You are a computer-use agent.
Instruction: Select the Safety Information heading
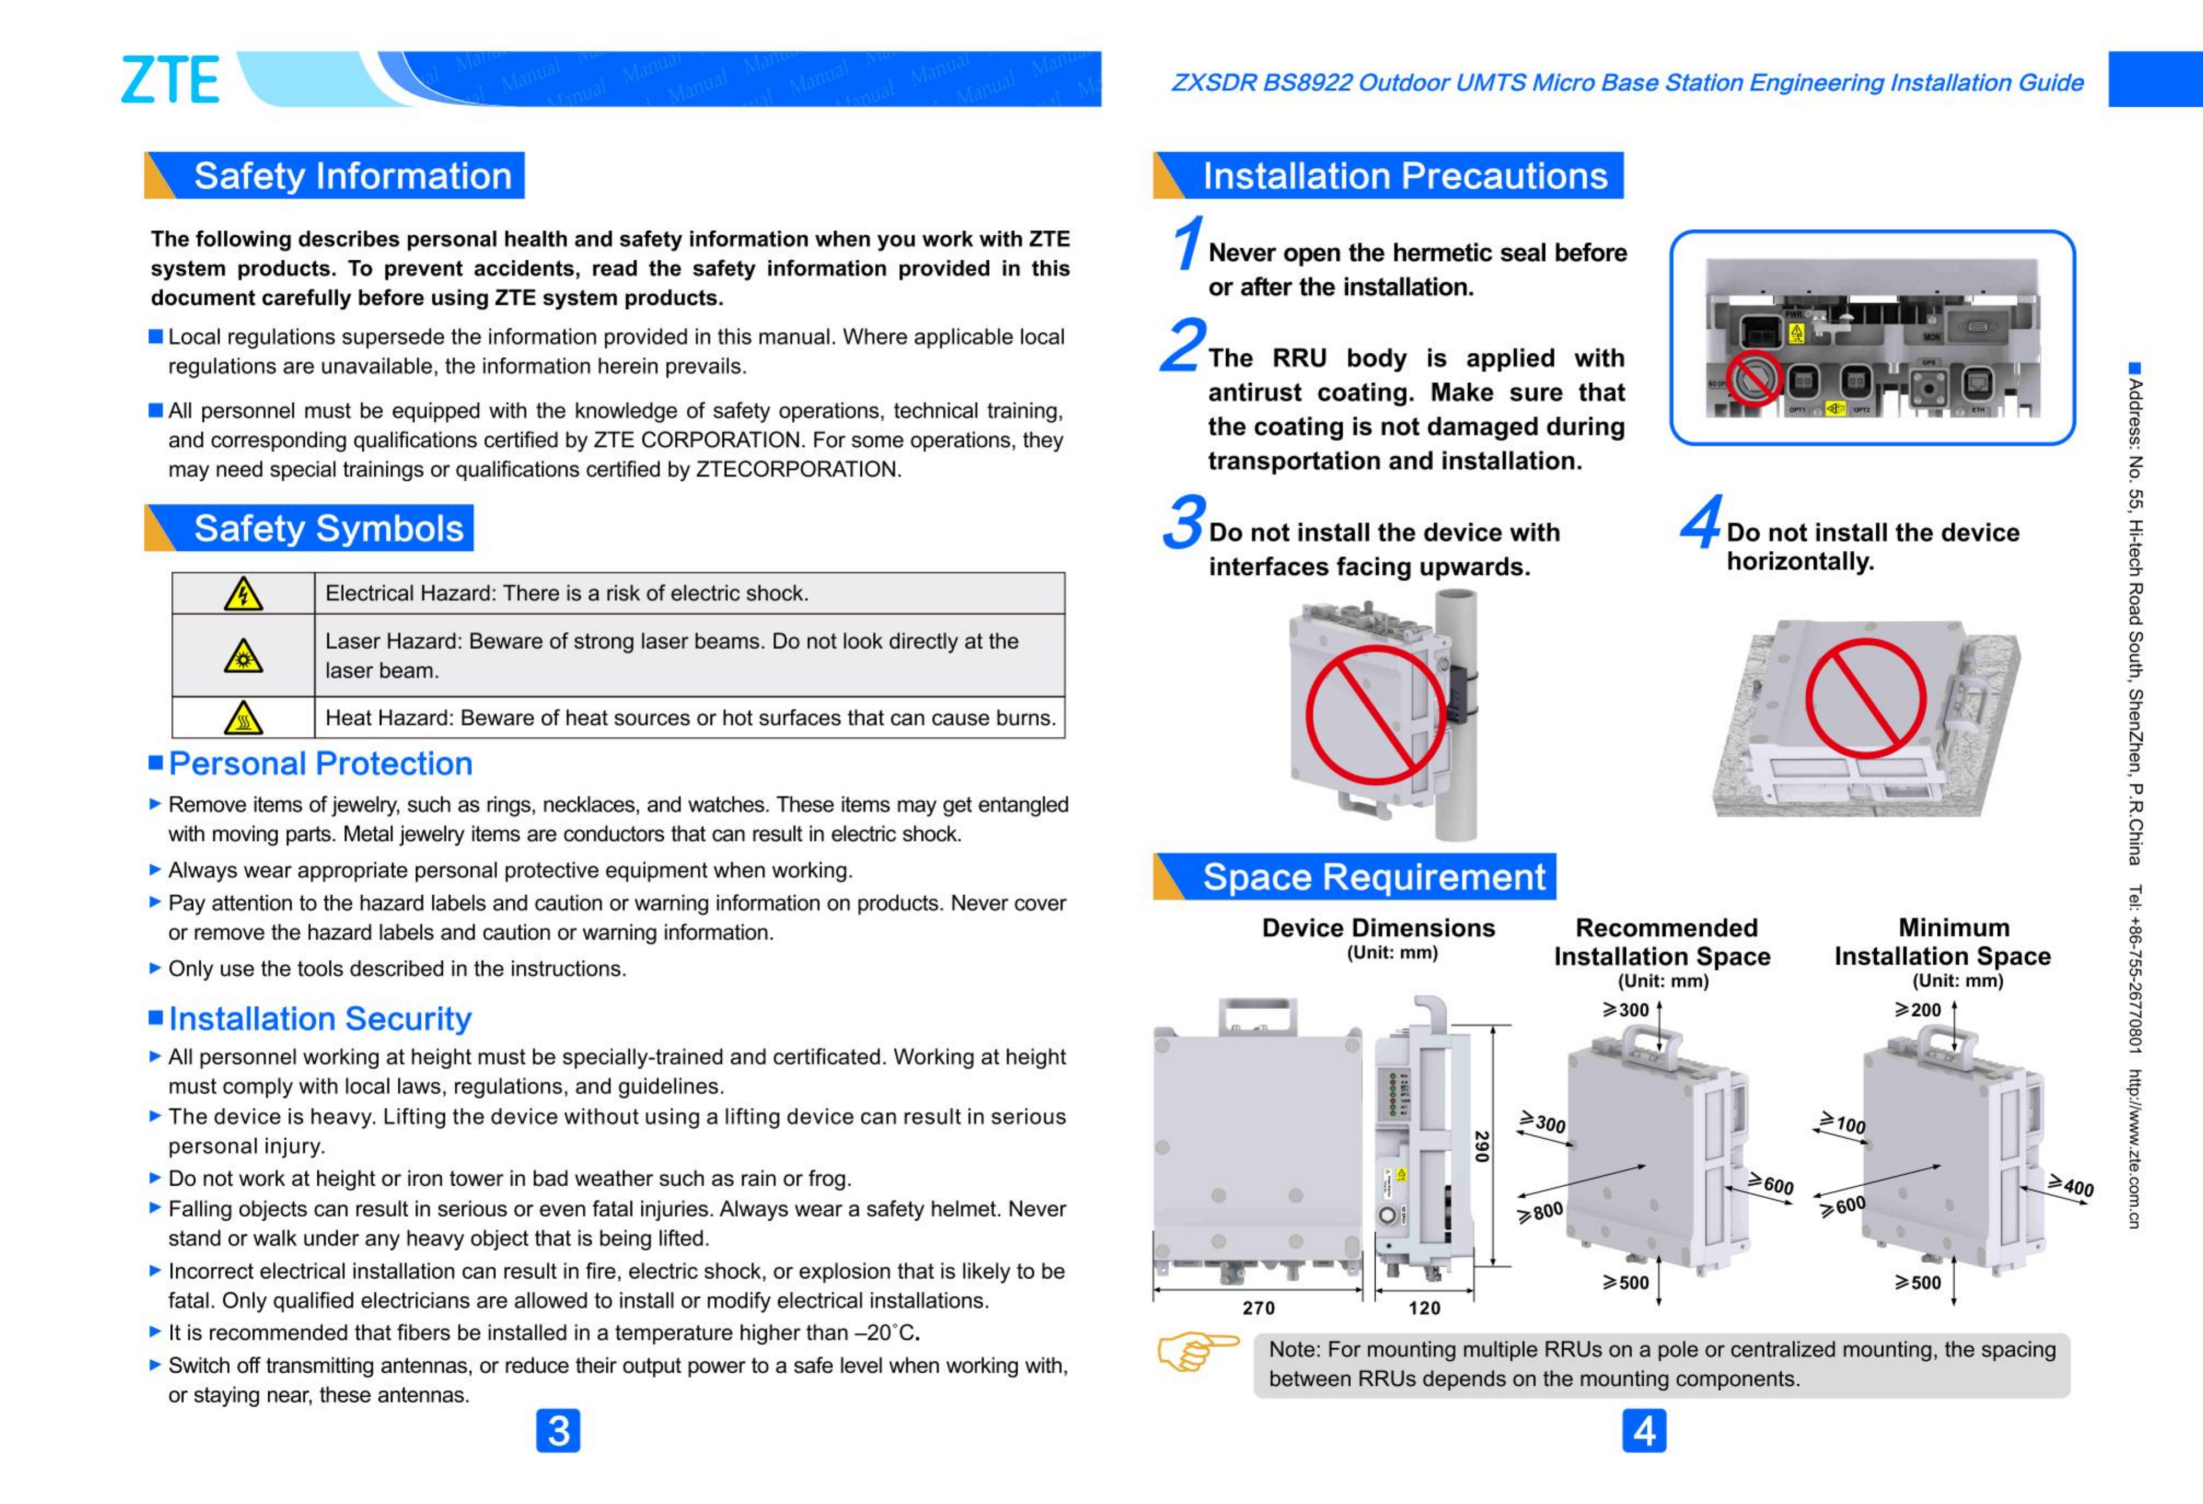click(x=352, y=176)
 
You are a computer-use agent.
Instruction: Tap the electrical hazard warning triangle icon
click(x=244, y=594)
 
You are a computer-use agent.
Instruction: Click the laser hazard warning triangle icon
click(x=244, y=656)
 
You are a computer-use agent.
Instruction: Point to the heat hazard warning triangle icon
click(x=244, y=718)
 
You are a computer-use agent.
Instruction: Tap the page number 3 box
click(x=558, y=1431)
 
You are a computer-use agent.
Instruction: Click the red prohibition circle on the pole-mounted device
click(x=1376, y=715)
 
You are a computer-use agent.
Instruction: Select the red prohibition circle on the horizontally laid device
click(x=1865, y=698)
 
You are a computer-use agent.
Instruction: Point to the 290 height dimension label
click(x=1482, y=1147)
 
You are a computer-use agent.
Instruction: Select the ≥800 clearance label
click(x=1540, y=1212)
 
